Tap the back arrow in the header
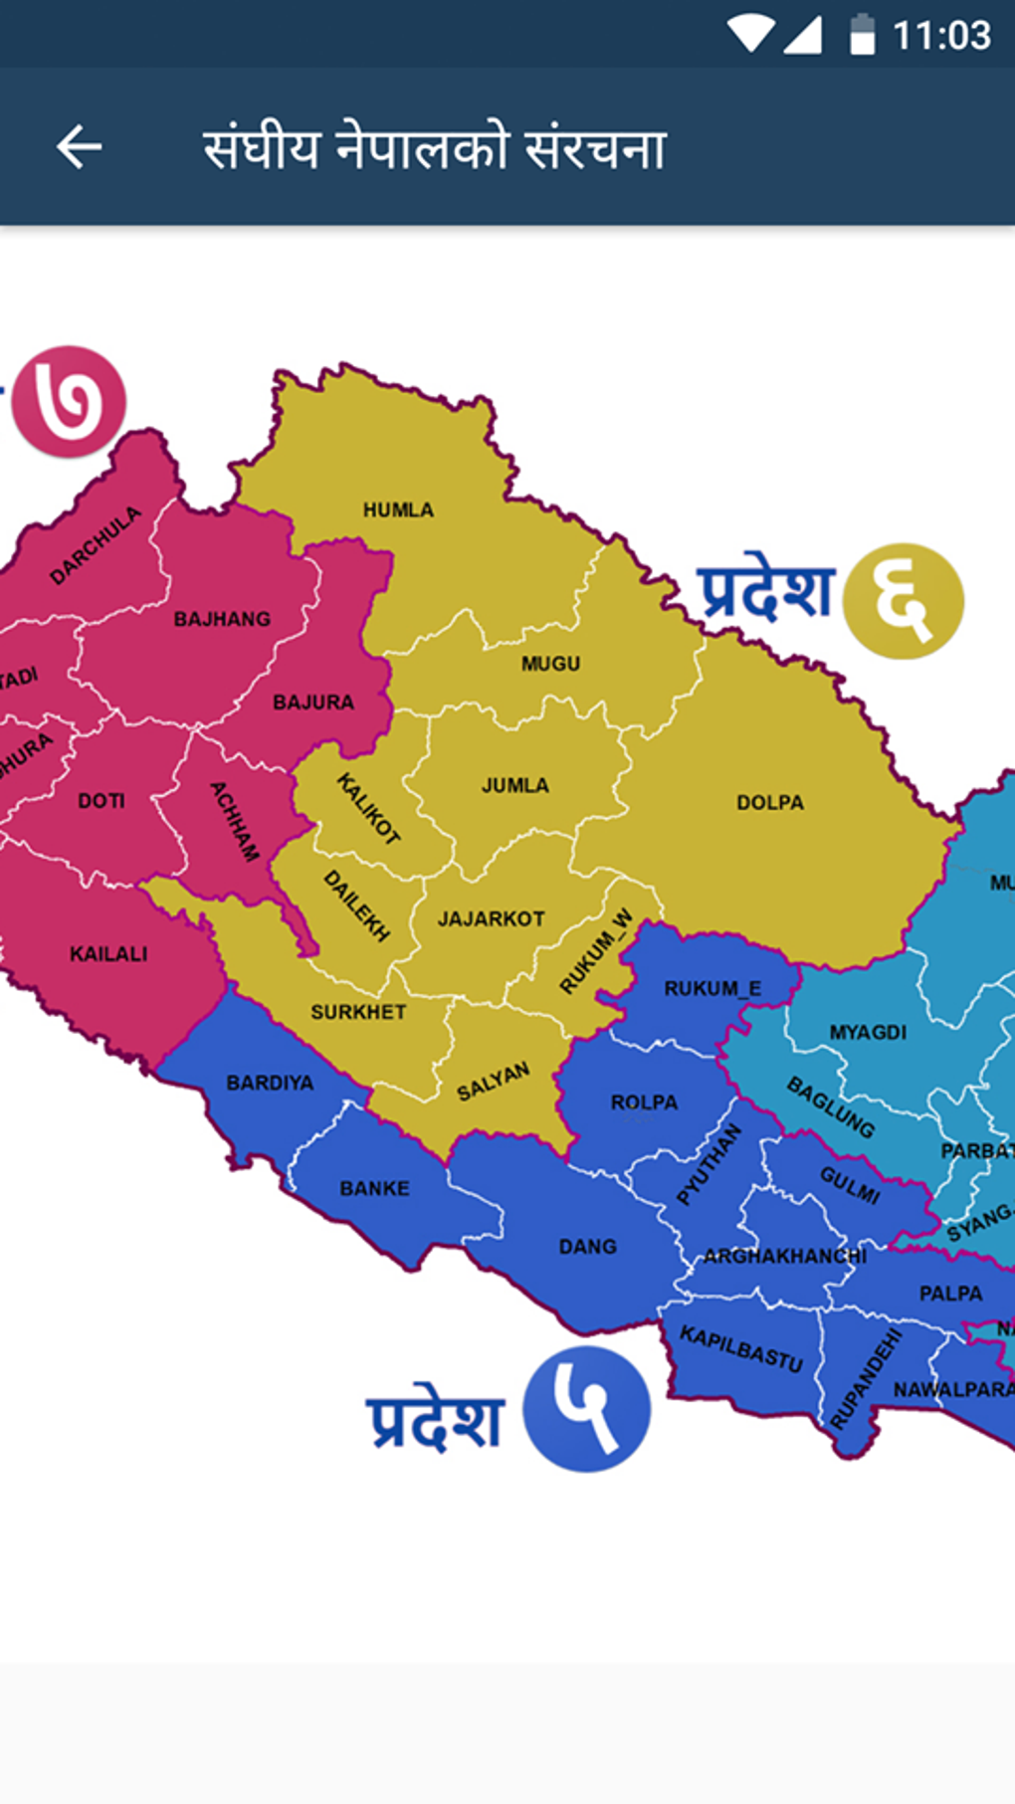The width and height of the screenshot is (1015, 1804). (80, 147)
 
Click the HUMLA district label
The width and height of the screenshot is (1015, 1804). (398, 509)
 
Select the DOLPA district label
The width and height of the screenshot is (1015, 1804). (769, 802)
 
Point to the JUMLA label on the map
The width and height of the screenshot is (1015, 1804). (514, 785)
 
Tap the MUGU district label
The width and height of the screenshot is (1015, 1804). (550, 663)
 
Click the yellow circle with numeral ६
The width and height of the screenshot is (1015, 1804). (903, 601)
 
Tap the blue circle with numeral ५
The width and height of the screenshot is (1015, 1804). (586, 1408)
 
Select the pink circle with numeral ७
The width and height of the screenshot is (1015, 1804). (69, 402)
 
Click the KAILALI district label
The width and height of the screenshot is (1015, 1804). (108, 954)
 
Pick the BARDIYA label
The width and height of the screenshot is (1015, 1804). (270, 1083)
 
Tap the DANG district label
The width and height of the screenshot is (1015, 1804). (587, 1246)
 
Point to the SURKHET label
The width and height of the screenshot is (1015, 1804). (358, 1012)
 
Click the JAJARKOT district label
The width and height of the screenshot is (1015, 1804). (491, 918)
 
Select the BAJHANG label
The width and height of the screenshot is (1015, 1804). (222, 619)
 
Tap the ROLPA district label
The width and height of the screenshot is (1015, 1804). (644, 1102)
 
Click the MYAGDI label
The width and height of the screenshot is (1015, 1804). (868, 1032)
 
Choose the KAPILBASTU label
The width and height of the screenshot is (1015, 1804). (740, 1348)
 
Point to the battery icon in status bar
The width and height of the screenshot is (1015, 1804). (862, 36)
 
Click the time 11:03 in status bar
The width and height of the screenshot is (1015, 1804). (941, 36)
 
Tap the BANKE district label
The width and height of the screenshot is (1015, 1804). (374, 1188)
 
